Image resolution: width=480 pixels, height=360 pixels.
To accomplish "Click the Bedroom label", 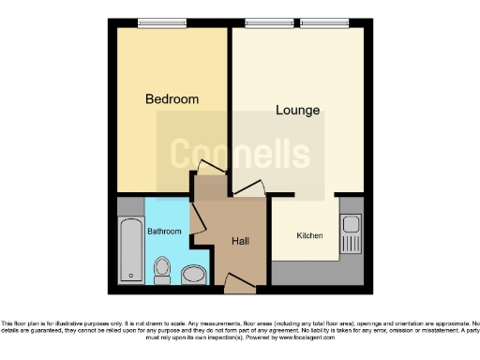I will pyautogui.click(x=172, y=99).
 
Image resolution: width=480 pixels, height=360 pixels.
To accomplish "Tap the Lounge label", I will pyautogui.click(x=297, y=111).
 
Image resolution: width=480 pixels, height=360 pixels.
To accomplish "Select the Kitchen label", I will pyautogui.click(x=310, y=235).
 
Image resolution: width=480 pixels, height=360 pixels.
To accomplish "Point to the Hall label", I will pyautogui.click(x=240, y=241).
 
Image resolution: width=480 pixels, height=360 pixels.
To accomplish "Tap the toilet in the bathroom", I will pyautogui.click(x=162, y=271).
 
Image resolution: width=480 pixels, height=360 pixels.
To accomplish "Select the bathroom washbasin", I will pyautogui.click(x=194, y=273).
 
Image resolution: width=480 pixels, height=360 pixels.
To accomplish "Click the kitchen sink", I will pyautogui.click(x=352, y=225).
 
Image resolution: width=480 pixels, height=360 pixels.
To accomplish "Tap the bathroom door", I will pyautogui.click(x=198, y=222).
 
